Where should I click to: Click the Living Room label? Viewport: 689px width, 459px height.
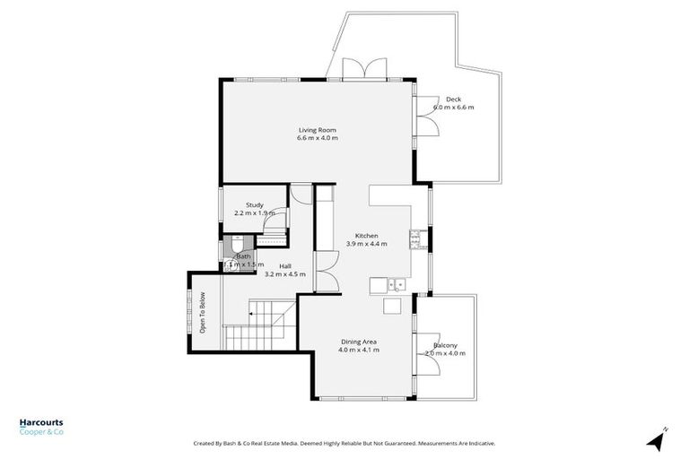click(x=318, y=130)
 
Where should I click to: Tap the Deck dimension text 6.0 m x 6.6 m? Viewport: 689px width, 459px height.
click(x=453, y=107)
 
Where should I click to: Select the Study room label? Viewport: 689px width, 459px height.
click(x=254, y=204)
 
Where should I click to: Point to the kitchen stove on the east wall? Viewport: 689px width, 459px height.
click(x=416, y=238)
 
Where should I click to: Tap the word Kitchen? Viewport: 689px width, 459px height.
click(x=366, y=235)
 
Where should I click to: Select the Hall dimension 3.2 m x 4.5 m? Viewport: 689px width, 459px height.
click(x=284, y=274)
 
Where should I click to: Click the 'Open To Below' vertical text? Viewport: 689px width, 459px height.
click(x=203, y=313)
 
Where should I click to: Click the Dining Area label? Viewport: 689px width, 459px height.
click(x=358, y=341)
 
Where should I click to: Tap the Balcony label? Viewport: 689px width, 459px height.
click(x=446, y=345)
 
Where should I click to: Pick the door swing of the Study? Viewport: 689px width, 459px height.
click(x=280, y=220)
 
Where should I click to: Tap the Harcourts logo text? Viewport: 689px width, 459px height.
click(x=41, y=423)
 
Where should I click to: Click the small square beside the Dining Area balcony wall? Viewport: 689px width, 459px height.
click(x=391, y=307)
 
